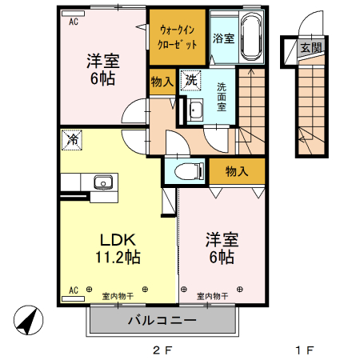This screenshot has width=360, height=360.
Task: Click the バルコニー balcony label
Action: [162, 321]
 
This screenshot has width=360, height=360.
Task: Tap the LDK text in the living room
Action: [119, 239]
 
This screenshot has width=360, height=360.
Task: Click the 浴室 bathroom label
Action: [223, 38]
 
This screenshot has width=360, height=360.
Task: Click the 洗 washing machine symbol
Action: [190, 80]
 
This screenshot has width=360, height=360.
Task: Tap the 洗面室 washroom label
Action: [222, 95]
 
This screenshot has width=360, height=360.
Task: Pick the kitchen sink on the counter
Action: [103, 182]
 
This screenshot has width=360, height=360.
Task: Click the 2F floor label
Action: [162, 350]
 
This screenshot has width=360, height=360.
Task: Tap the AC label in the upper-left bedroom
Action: [73, 22]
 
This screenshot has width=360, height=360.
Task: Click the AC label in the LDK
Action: [73, 290]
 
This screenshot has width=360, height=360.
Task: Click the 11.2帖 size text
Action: [119, 258]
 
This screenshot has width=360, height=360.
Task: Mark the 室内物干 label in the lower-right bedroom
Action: [211, 297]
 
